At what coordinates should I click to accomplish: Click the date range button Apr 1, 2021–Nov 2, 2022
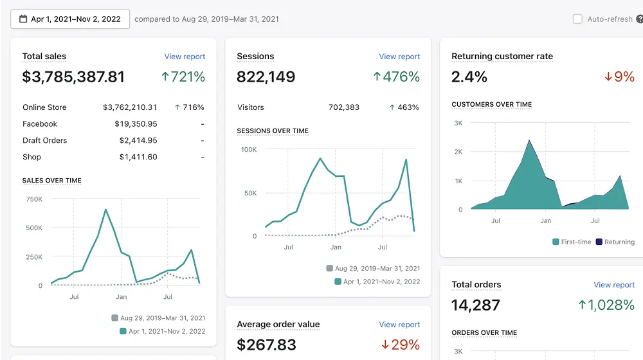click(70, 19)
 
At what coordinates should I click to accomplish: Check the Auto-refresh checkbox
click(577, 19)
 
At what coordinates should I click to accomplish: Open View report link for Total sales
click(185, 57)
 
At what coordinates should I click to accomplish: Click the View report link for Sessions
click(399, 57)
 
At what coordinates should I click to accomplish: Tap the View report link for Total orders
click(614, 285)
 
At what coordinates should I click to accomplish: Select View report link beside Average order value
click(399, 325)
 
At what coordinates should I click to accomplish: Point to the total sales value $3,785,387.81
click(73, 76)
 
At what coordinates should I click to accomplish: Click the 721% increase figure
click(183, 76)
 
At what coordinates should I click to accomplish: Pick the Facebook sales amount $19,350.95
click(136, 124)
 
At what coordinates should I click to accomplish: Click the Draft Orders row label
click(45, 140)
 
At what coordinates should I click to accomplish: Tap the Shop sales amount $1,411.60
click(138, 157)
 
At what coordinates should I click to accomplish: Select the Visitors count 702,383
click(343, 107)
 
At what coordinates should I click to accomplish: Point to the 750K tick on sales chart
click(34, 199)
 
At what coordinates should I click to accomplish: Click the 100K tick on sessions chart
click(249, 150)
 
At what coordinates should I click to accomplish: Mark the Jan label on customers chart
click(545, 221)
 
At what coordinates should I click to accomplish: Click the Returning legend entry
click(615, 242)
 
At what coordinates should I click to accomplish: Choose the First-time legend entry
click(572, 242)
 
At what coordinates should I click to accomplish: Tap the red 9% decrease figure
click(619, 76)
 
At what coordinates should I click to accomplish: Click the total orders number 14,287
click(476, 305)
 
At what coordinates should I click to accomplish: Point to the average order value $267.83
click(267, 345)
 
